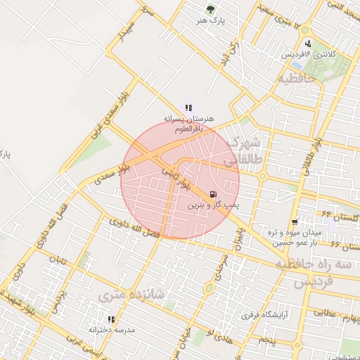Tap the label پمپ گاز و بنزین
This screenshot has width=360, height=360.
point(213,207)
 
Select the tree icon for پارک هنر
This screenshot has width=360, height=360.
point(210,9)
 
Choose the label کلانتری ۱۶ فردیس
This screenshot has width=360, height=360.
point(309,54)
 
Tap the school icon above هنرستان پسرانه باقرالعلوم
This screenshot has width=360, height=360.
point(188,108)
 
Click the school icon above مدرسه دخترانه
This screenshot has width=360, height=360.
point(111,319)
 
